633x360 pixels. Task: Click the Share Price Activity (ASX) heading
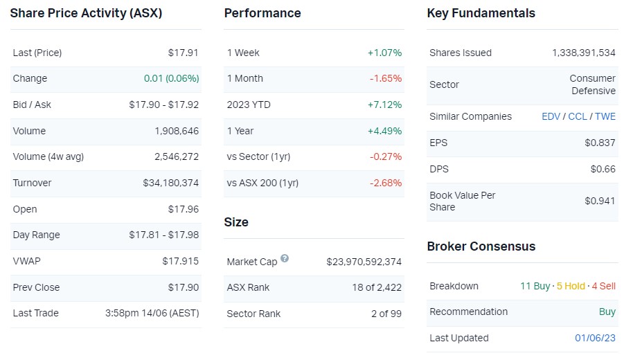(x=86, y=13)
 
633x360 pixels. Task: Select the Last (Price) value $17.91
(x=184, y=53)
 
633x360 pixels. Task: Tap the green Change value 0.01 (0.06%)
(x=172, y=79)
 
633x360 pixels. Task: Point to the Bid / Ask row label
(x=32, y=105)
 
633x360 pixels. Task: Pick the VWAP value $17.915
(x=181, y=261)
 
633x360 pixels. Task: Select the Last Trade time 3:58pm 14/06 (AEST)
(x=152, y=313)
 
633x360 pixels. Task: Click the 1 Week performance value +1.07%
(x=384, y=53)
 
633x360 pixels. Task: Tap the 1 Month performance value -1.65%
(x=386, y=79)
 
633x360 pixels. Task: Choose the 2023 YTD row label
(x=249, y=105)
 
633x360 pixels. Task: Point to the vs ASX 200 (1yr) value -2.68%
(x=386, y=183)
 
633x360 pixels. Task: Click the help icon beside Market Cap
(x=285, y=259)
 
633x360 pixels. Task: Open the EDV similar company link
(x=551, y=116)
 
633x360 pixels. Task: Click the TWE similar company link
(x=605, y=116)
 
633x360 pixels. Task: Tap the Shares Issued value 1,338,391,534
(x=584, y=53)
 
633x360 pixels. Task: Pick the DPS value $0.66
(x=603, y=169)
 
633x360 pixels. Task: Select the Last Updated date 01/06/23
(x=596, y=338)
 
